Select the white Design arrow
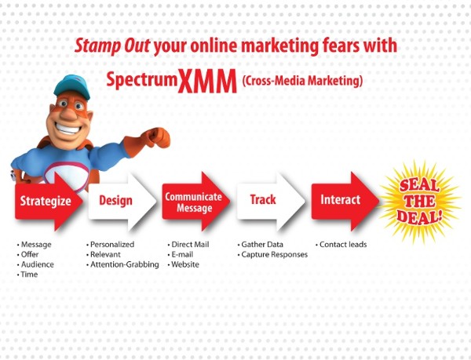(x=122, y=202)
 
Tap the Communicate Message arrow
(x=195, y=202)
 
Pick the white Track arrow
(x=271, y=202)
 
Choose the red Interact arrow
(x=345, y=202)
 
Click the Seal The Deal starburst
(x=420, y=202)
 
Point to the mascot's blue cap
(x=72, y=86)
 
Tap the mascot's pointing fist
(x=158, y=138)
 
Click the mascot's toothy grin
(x=68, y=129)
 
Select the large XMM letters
(x=207, y=81)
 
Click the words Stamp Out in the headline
(x=112, y=46)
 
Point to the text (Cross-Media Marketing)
(x=302, y=81)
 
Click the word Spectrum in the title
(x=142, y=80)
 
